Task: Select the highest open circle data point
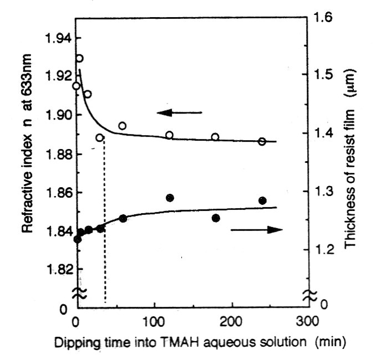[79, 58]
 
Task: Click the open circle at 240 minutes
[262, 141]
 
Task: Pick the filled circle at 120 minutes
[170, 198]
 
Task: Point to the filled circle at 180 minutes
[216, 218]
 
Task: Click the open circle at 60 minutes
[122, 126]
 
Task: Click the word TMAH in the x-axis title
[179, 342]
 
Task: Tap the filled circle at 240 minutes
[262, 200]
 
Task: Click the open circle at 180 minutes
[215, 137]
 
